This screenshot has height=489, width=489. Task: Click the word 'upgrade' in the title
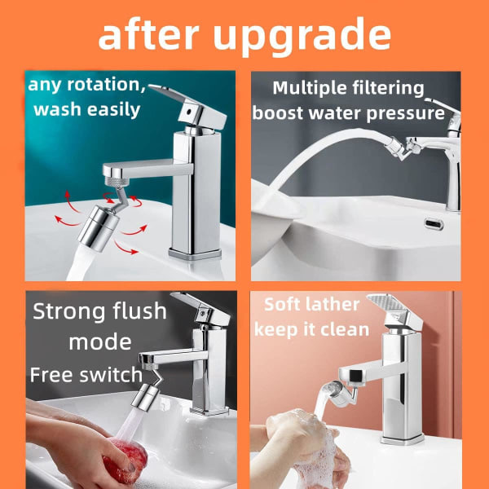point(302,36)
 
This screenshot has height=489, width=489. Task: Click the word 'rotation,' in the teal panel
point(106,85)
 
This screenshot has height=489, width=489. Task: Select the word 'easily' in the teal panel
point(113,110)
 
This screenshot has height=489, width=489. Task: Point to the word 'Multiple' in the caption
point(310,88)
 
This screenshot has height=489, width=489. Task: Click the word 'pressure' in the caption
point(405,113)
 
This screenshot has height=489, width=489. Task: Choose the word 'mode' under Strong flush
point(100,341)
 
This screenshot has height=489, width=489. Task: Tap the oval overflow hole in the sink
point(434,223)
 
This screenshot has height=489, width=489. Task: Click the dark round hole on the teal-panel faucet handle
point(189,111)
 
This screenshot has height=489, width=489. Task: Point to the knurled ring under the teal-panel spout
point(117,182)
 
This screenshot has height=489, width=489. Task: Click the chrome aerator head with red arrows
point(99,228)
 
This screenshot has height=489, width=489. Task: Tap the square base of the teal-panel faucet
point(195,253)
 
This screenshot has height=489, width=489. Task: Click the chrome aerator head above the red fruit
point(143,396)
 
